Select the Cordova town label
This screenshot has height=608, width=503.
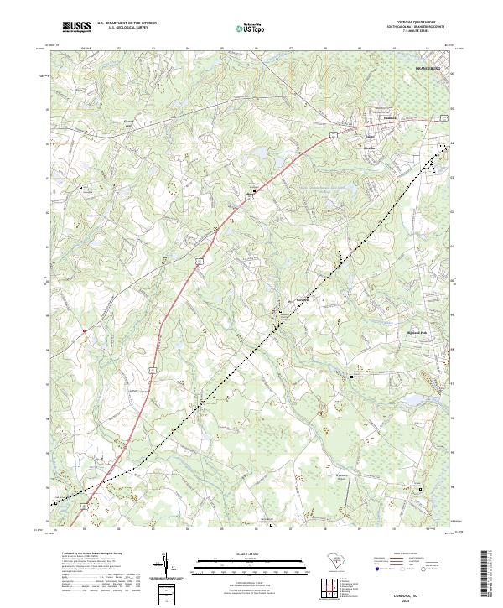click(303, 299)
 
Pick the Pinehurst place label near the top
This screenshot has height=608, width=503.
click(366, 117)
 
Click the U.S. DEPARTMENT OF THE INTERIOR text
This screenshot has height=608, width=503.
click(127, 23)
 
